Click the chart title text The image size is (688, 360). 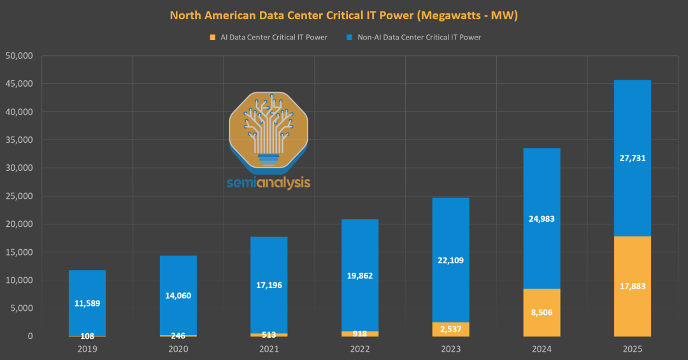(343, 15)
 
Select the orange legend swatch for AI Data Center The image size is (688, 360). (212, 38)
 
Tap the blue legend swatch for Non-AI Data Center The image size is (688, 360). (348, 38)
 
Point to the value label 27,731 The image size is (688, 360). (632, 158)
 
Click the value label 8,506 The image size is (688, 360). (541, 313)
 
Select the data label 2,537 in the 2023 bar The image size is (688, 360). (450, 329)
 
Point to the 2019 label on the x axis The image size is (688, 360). (87, 349)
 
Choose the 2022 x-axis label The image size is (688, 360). (360, 349)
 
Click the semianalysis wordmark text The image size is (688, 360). (268, 183)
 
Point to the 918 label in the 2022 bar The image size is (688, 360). (360, 333)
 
